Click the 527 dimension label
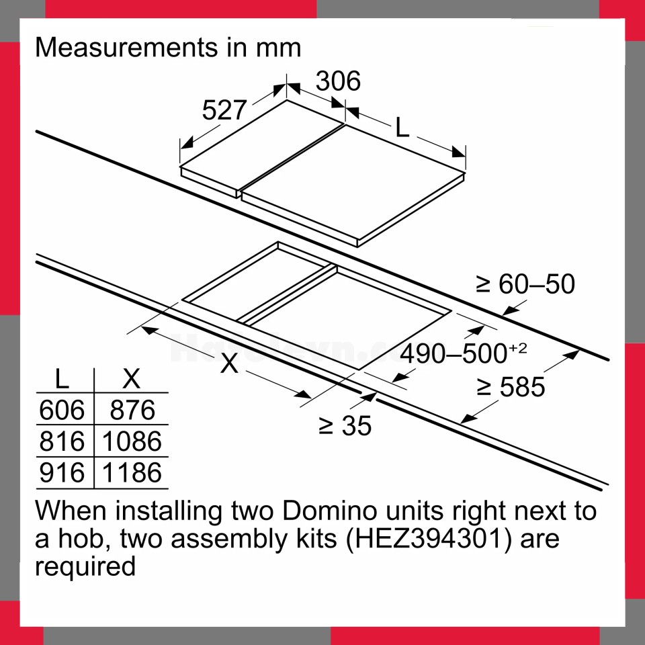pos(224,110)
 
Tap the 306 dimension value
pos(338,81)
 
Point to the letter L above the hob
pos(402,127)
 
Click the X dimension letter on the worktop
pos(230,363)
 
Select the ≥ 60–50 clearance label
pos(525,284)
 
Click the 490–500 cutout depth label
pos(464,353)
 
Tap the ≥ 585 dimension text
pos(511,387)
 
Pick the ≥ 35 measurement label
pos(345,425)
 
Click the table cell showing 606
pos(62,410)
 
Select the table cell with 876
pos(132,410)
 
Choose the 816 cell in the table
pos(62,441)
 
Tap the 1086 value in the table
pos(132,441)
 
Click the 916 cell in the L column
pos(62,472)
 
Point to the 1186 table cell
pos(132,472)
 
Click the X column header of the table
pos(132,378)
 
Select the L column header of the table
pos(62,378)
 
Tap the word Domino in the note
pos(330,511)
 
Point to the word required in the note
pos(85,566)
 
